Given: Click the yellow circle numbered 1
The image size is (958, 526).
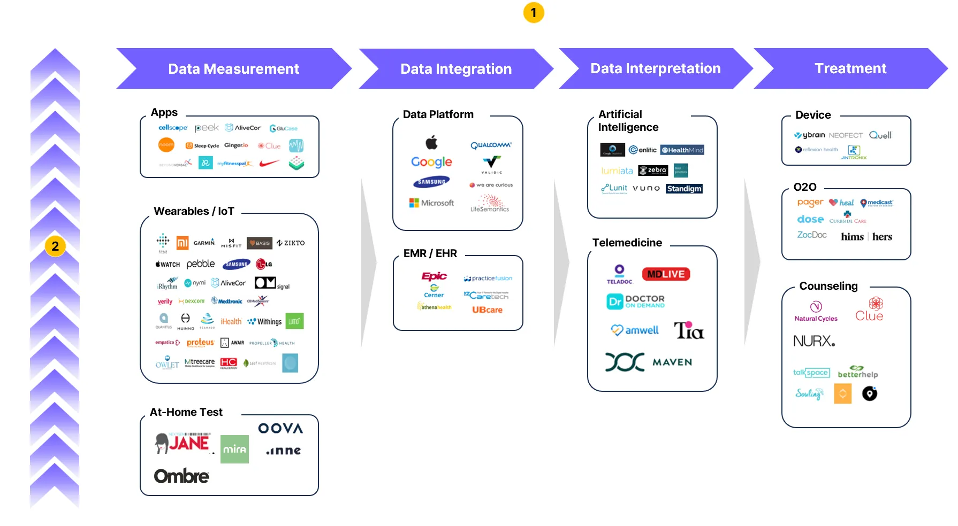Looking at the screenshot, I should [534, 13].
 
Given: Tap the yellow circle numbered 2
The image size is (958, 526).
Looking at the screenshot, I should [55, 246].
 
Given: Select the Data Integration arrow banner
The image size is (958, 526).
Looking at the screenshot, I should [456, 69].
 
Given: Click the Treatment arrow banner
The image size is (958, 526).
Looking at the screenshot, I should [850, 68].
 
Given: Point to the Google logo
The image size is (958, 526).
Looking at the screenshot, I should [431, 162].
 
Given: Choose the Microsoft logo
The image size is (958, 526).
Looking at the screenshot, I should [431, 203].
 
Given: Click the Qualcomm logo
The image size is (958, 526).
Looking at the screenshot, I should [491, 145].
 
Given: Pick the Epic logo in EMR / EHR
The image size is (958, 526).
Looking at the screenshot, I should [434, 276].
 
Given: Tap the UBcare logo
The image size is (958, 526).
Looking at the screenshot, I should [487, 310].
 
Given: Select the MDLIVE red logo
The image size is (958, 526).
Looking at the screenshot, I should [666, 274].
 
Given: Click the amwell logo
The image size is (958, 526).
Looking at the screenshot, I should [635, 330].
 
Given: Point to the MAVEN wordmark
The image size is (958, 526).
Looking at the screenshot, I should [672, 362].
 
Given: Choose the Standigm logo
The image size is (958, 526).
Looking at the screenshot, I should [684, 189].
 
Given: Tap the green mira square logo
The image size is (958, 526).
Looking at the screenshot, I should [234, 449].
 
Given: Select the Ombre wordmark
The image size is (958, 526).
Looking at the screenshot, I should [181, 476].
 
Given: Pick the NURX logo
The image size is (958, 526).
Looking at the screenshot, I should [813, 341].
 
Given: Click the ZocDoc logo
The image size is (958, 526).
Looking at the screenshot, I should [812, 235].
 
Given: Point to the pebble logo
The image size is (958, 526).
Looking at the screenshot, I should [201, 264].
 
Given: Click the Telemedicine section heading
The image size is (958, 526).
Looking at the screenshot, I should [627, 243].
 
